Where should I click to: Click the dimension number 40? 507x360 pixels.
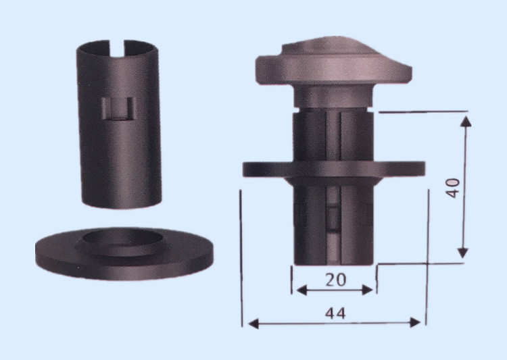[x=453, y=188]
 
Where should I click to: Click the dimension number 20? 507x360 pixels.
[x=335, y=280]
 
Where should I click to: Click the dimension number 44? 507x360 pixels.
[x=335, y=313]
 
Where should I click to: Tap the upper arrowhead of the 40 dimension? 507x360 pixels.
[x=466, y=122]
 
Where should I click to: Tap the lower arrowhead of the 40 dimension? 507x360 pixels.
[x=463, y=253]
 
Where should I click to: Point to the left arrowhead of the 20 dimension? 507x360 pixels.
[x=301, y=290]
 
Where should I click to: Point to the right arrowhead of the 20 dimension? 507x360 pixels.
[x=368, y=290]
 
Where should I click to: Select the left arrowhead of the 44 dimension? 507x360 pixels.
[x=254, y=323]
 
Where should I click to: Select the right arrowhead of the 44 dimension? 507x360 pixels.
[x=415, y=322]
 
